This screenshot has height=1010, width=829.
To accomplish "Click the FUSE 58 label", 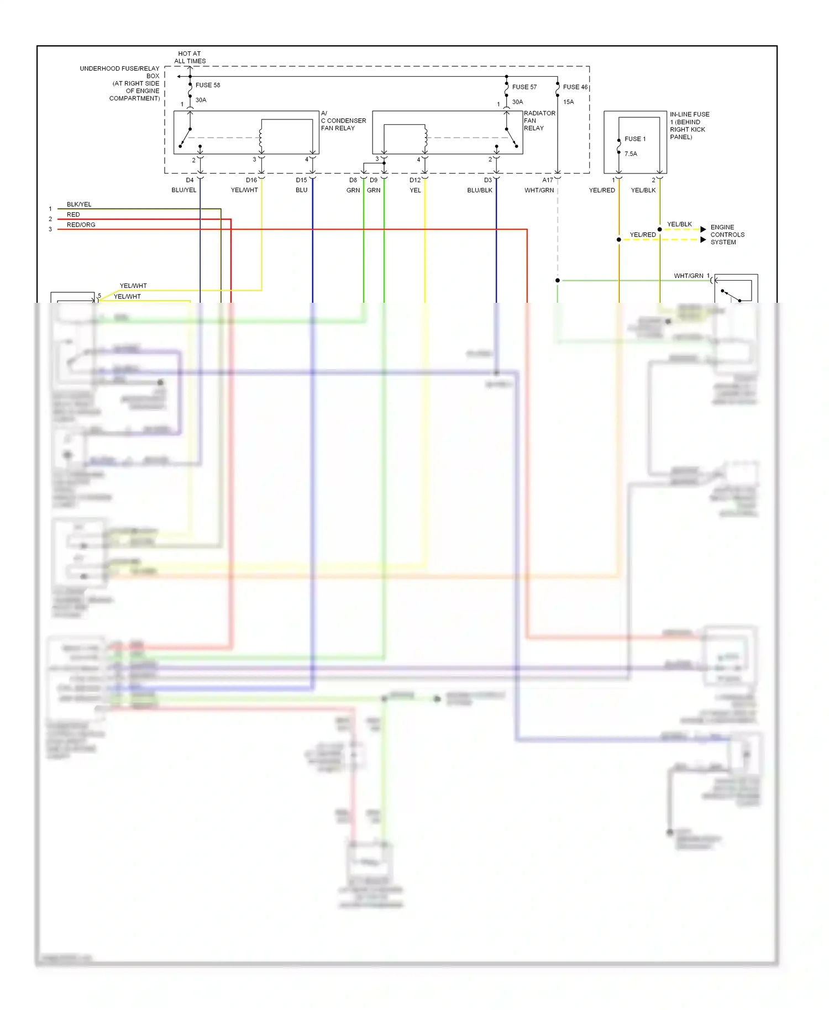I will [207, 85].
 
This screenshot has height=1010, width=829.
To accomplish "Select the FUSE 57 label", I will [524, 87].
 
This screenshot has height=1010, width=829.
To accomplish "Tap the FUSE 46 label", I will [575, 87].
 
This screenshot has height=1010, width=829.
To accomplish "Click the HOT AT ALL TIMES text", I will [190, 57].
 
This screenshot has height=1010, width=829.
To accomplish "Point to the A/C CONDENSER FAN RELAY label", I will [343, 120].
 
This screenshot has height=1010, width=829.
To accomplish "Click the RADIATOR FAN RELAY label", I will [539, 120].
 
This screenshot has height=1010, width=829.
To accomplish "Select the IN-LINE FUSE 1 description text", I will [689, 125].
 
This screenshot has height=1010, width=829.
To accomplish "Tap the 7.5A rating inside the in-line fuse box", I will [631, 154].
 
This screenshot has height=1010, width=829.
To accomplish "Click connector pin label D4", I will [190, 180].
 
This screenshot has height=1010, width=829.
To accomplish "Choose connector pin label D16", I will [251, 180].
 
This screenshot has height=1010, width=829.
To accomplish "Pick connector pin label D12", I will [415, 180].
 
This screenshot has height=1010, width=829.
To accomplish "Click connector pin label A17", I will [547, 180].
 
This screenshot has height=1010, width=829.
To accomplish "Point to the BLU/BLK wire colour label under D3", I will [479, 190].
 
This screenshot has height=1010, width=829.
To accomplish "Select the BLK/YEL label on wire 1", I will [79, 204].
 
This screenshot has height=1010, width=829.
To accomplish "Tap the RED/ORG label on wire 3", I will [81, 225].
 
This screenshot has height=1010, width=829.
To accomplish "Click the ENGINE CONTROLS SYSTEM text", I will [727, 235].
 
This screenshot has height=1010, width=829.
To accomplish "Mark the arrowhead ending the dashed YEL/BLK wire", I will [703, 229].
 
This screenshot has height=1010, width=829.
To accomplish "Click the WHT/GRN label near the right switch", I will [688, 276].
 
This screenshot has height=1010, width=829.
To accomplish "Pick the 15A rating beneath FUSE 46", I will [568, 102].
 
